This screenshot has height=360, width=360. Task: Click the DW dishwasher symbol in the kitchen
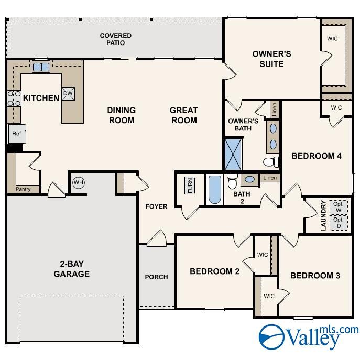[68, 93]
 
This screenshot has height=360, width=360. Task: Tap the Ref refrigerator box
[16, 134]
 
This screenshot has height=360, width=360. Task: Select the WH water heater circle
[78, 182]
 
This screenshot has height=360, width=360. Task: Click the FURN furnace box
[190, 186]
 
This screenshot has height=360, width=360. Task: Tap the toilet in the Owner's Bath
[270, 161]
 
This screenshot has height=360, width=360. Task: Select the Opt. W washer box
[338, 207]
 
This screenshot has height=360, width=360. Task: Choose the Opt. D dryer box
[338, 223]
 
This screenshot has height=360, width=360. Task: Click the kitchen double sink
[41, 67]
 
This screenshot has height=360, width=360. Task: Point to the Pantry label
[23, 189]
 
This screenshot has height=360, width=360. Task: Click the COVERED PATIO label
[116, 39]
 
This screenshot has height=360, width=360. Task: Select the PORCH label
[156, 277]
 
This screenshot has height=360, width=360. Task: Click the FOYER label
[156, 206]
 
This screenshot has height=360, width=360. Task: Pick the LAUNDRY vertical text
[324, 215]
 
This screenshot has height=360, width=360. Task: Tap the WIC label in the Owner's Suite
[332, 39]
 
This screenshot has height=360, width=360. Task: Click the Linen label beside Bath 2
[270, 178]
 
